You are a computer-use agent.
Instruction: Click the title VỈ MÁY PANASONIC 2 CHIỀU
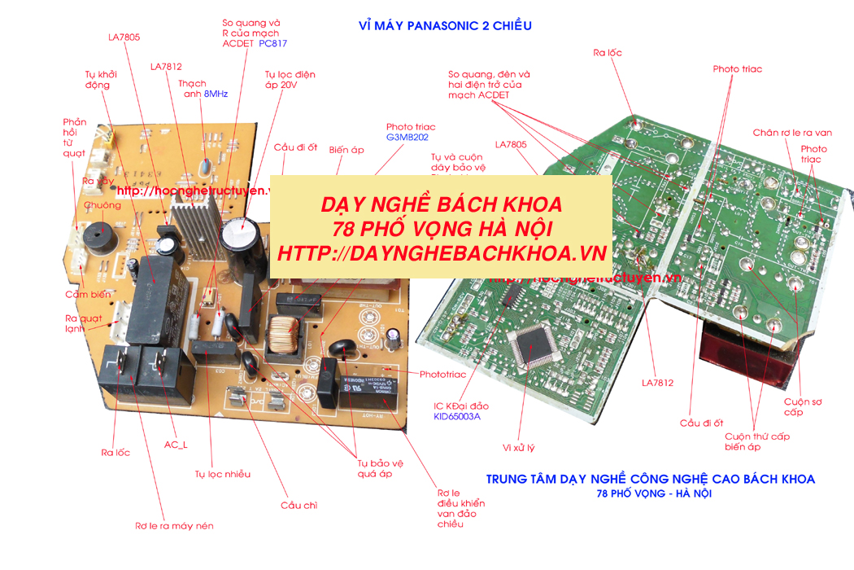445,25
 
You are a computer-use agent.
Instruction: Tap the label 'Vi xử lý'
519,447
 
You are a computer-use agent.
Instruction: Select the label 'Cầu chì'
298,505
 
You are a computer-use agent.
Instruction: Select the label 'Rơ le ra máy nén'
174,526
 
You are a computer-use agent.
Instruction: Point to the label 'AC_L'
176,445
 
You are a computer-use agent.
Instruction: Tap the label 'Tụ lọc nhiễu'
222,474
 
